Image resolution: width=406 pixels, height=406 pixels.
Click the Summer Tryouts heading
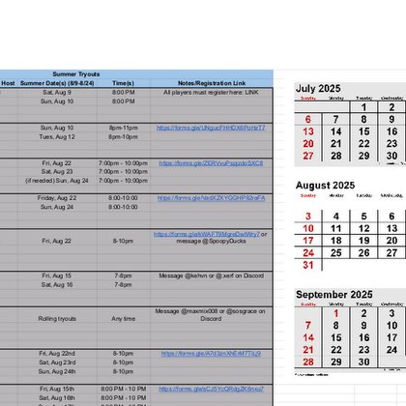pyautogui.click(x=77, y=73)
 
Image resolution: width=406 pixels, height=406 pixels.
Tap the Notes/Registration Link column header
pyautogui.click(x=212, y=83)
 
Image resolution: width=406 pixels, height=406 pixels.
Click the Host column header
pyautogui.click(x=8, y=83)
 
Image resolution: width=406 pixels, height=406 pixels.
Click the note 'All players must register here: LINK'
pyautogui.click(x=212, y=92)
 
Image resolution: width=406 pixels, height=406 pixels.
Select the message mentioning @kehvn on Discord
pyautogui.click(x=212, y=275)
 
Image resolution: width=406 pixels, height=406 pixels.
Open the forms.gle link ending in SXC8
pyautogui.click(x=211, y=163)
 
